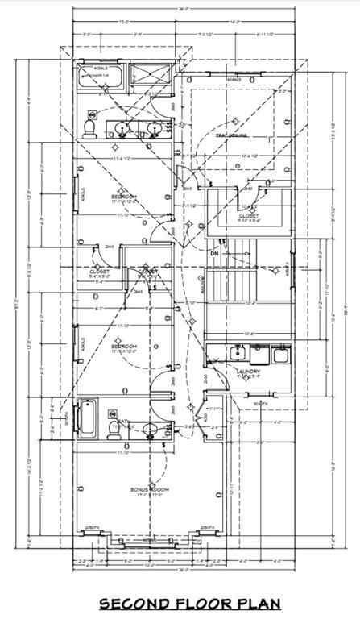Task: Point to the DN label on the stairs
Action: (x=215, y=255)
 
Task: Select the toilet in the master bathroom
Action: (x=92, y=127)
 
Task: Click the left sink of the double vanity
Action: (x=122, y=127)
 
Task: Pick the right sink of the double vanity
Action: (x=151, y=127)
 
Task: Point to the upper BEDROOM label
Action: (x=123, y=196)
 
